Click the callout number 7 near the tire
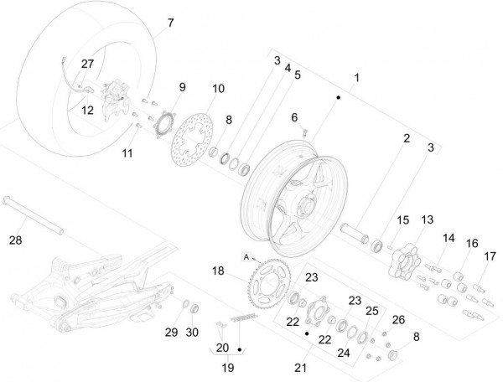[171, 23]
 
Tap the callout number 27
[87, 64]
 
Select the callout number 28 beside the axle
[15, 240]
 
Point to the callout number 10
[217, 88]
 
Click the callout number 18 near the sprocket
[217, 271]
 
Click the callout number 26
[398, 319]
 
